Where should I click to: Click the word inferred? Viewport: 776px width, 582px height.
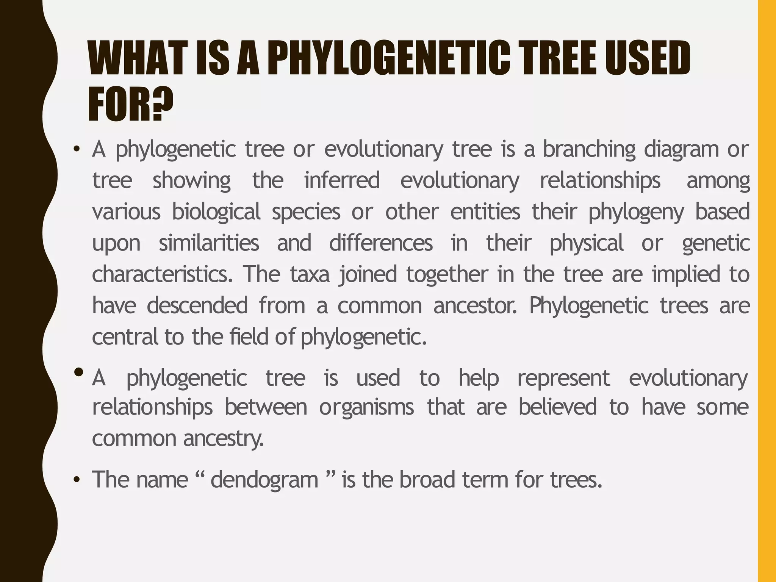point(342,181)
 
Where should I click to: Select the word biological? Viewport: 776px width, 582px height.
point(216,212)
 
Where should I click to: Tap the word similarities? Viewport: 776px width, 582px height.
point(209,243)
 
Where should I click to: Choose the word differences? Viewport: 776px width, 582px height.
point(380,243)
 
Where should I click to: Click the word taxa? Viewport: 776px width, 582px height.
point(310,274)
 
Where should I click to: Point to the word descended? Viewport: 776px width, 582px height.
point(197,305)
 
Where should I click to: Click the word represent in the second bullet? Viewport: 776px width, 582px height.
point(563,379)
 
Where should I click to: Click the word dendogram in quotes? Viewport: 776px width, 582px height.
point(264,480)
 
